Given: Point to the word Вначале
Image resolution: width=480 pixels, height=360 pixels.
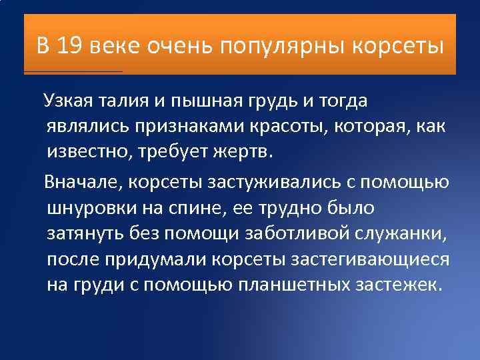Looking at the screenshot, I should pos(83,182).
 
